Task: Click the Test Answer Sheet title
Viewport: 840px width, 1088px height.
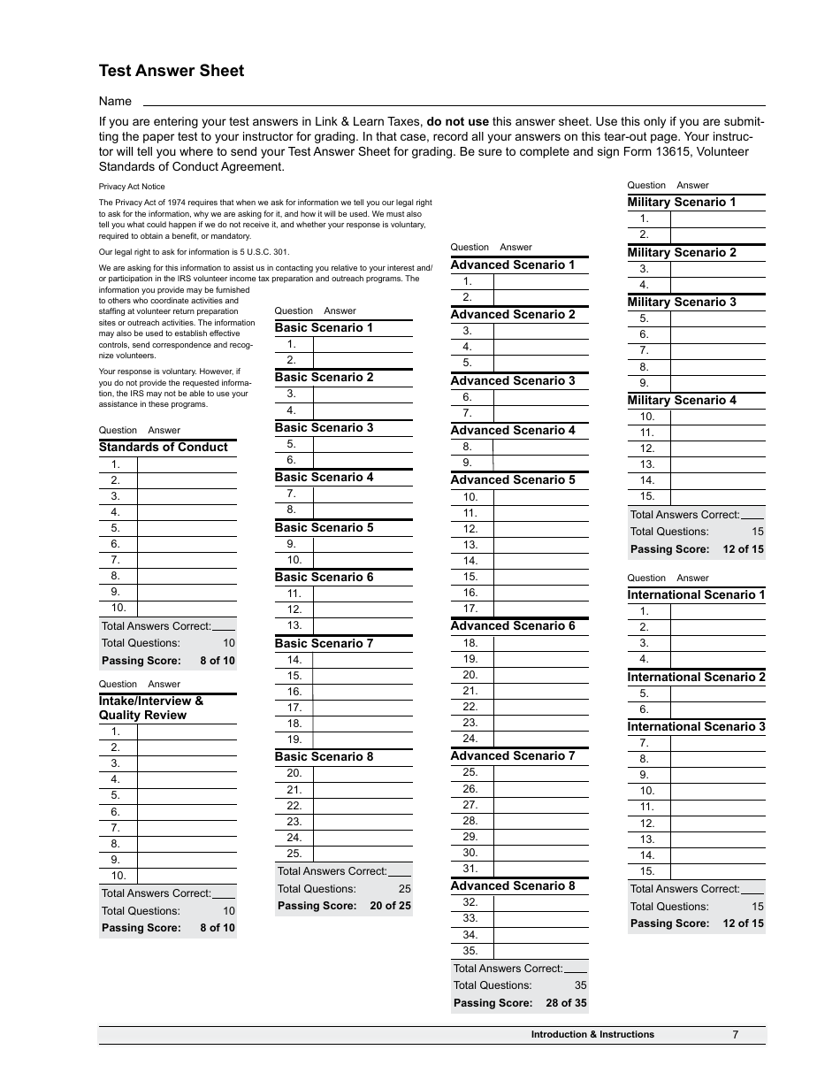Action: [x=172, y=71]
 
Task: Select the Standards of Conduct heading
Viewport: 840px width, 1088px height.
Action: [x=163, y=447]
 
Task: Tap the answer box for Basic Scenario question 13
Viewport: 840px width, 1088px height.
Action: [x=363, y=625]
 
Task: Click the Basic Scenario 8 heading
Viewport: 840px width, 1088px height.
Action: [x=324, y=756]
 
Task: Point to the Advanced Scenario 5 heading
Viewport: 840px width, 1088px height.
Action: [x=513, y=479]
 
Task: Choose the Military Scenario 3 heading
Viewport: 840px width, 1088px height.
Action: [x=682, y=302]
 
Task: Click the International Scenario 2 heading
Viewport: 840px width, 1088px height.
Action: [x=697, y=677]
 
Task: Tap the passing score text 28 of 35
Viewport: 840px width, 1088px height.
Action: [x=566, y=1003]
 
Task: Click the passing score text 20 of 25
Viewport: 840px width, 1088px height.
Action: [x=390, y=906]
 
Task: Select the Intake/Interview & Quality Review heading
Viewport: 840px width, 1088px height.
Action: [x=150, y=708]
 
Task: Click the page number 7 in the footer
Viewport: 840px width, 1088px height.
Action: [x=735, y=1035]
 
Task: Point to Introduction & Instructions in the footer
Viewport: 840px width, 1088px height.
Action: [x=592, y=1034]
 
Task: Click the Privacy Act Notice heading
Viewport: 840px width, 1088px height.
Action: [x=132, y=187]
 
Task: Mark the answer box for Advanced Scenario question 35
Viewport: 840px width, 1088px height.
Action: [x=540, y=951]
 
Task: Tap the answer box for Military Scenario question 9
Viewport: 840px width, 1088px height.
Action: [x=717, y=383]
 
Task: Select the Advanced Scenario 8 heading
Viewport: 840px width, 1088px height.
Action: [x=513, y=885]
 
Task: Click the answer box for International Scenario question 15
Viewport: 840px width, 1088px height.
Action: [x=717, y=871]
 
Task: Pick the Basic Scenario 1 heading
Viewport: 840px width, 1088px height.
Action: [x=324, y=327]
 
